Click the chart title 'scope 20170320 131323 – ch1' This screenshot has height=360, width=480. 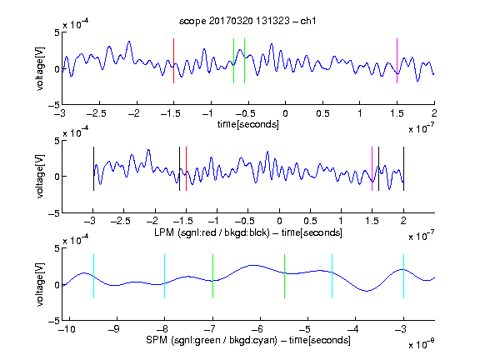247,21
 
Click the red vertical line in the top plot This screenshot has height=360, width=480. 173,61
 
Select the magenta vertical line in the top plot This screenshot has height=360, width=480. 397,61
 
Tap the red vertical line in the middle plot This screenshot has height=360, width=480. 186,168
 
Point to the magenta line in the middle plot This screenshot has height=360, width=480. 372,168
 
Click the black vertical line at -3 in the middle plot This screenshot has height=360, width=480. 93,168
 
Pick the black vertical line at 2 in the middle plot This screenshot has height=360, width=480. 403,168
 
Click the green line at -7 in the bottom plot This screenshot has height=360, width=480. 212,276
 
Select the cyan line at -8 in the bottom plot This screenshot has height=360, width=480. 165,276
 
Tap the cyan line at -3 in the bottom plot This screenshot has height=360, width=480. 403,276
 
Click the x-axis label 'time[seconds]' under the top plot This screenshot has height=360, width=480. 248,125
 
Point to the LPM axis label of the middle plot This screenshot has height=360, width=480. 248,232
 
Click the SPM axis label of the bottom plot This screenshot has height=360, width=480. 248,340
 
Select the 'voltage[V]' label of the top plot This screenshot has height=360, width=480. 40,69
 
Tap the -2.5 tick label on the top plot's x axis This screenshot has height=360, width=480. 97,113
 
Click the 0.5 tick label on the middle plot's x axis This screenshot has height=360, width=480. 310,221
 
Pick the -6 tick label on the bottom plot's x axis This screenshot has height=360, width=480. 257,329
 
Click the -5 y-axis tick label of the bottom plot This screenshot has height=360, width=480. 54,321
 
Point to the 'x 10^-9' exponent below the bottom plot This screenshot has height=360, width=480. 421,344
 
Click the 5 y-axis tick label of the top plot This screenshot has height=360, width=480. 57,32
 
